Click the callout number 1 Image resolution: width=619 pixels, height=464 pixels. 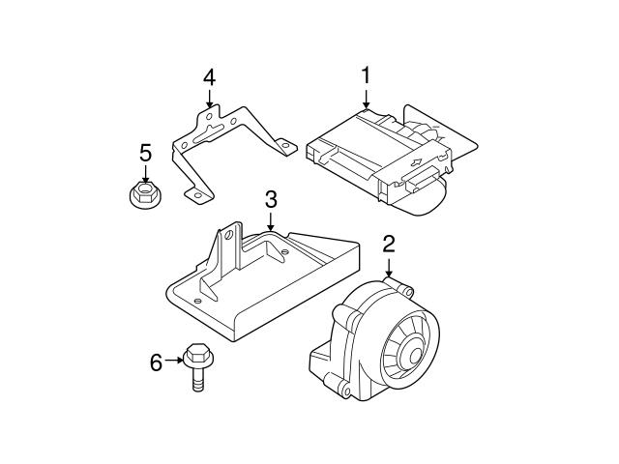(367, 74)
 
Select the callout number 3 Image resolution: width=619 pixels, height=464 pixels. (271, 200)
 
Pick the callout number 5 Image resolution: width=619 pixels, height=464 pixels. (145, 153)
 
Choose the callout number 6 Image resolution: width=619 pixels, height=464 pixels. (155, 362)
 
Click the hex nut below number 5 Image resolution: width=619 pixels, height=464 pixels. (144, 193)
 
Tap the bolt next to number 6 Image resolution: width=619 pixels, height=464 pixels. (196, 366)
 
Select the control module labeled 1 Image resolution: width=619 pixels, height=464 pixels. (387, 155)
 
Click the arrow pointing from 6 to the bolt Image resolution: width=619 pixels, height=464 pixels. (173, 362)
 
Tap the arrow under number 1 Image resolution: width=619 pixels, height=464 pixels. (367, 98)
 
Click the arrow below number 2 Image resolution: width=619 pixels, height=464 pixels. (388, 268)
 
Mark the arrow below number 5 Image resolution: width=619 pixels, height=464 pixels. (145, 174)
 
